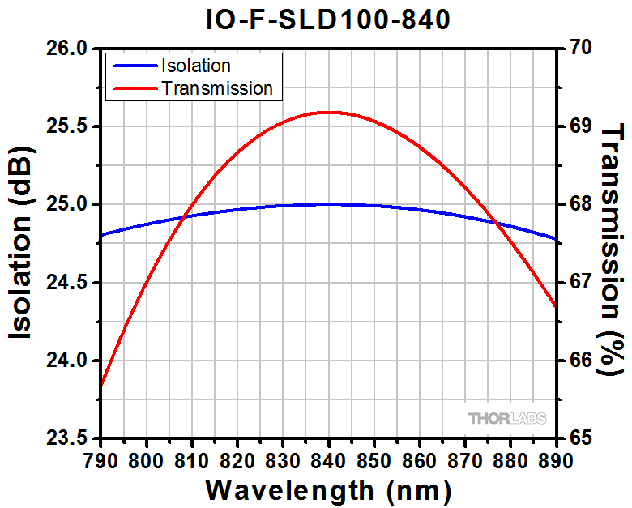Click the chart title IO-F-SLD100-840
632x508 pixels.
(327, 18)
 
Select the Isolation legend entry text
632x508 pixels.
(196, 66)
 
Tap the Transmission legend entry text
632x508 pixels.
(217, 88)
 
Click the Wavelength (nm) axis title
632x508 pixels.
(327, 489)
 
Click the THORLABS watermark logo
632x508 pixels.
(507, 418)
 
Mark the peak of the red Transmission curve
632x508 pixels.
(328, 112)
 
